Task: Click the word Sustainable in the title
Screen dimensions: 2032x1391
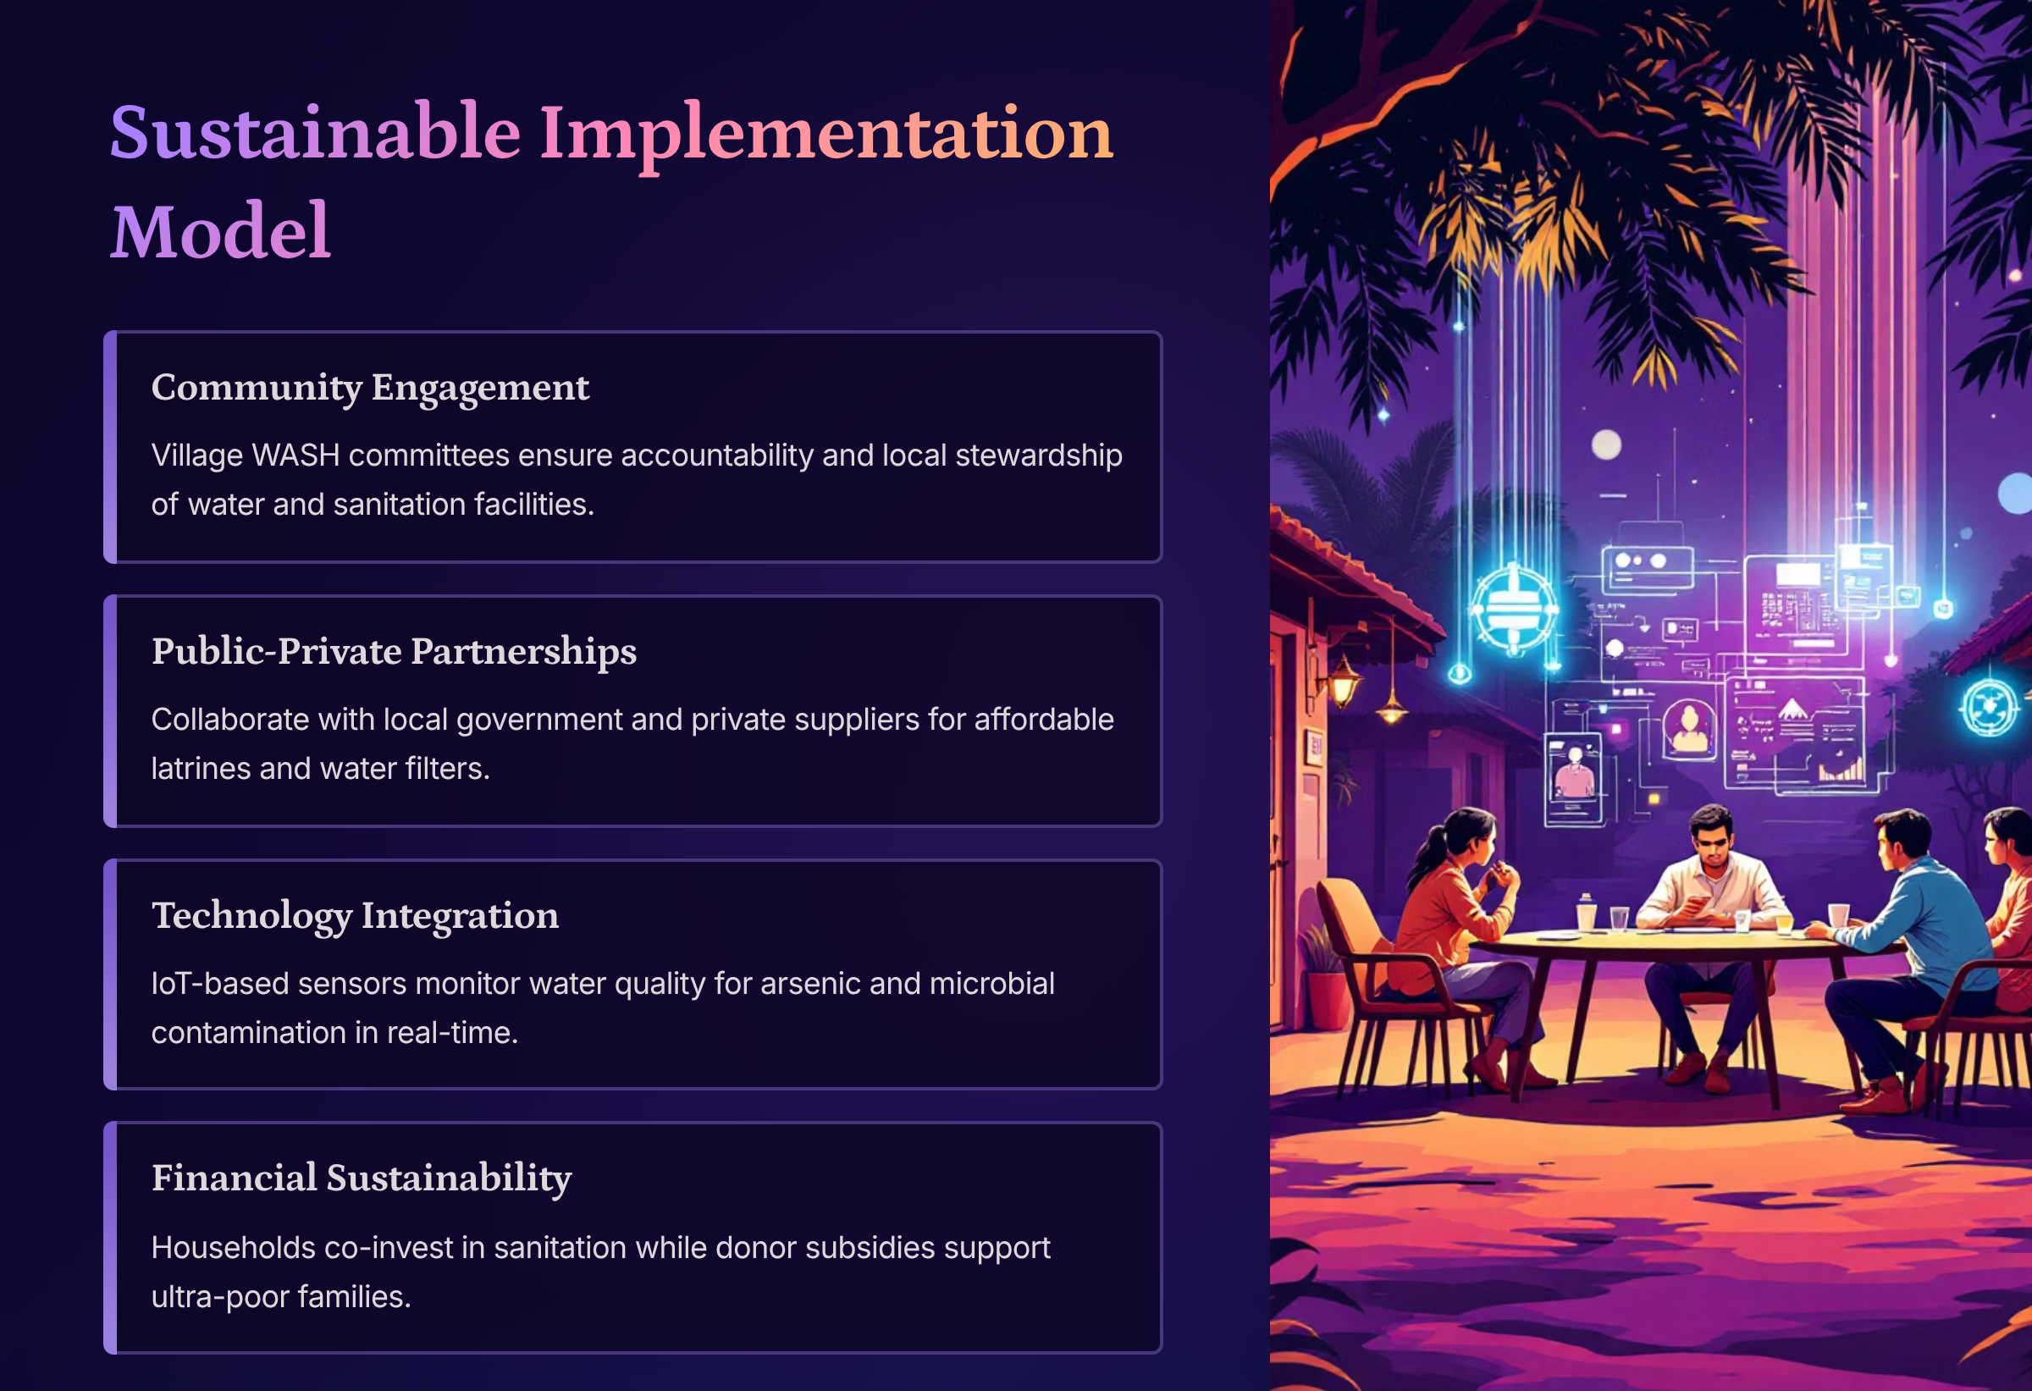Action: (x=316, y=132)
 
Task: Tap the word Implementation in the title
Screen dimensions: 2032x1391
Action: (x=826, y=136)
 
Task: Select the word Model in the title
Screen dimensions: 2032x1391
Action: (x=220, y=231)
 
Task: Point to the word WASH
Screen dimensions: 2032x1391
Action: (x=295, y=455)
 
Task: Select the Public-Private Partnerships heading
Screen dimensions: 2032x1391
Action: (x=394, y=651)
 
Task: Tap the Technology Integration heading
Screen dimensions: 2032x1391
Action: (x=355, y=916)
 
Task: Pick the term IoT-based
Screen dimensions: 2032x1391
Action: (x=223, y=984)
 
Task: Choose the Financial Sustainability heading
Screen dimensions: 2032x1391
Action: (x=362, y=1178)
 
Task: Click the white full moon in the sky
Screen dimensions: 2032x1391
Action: (x=1606, y=444)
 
